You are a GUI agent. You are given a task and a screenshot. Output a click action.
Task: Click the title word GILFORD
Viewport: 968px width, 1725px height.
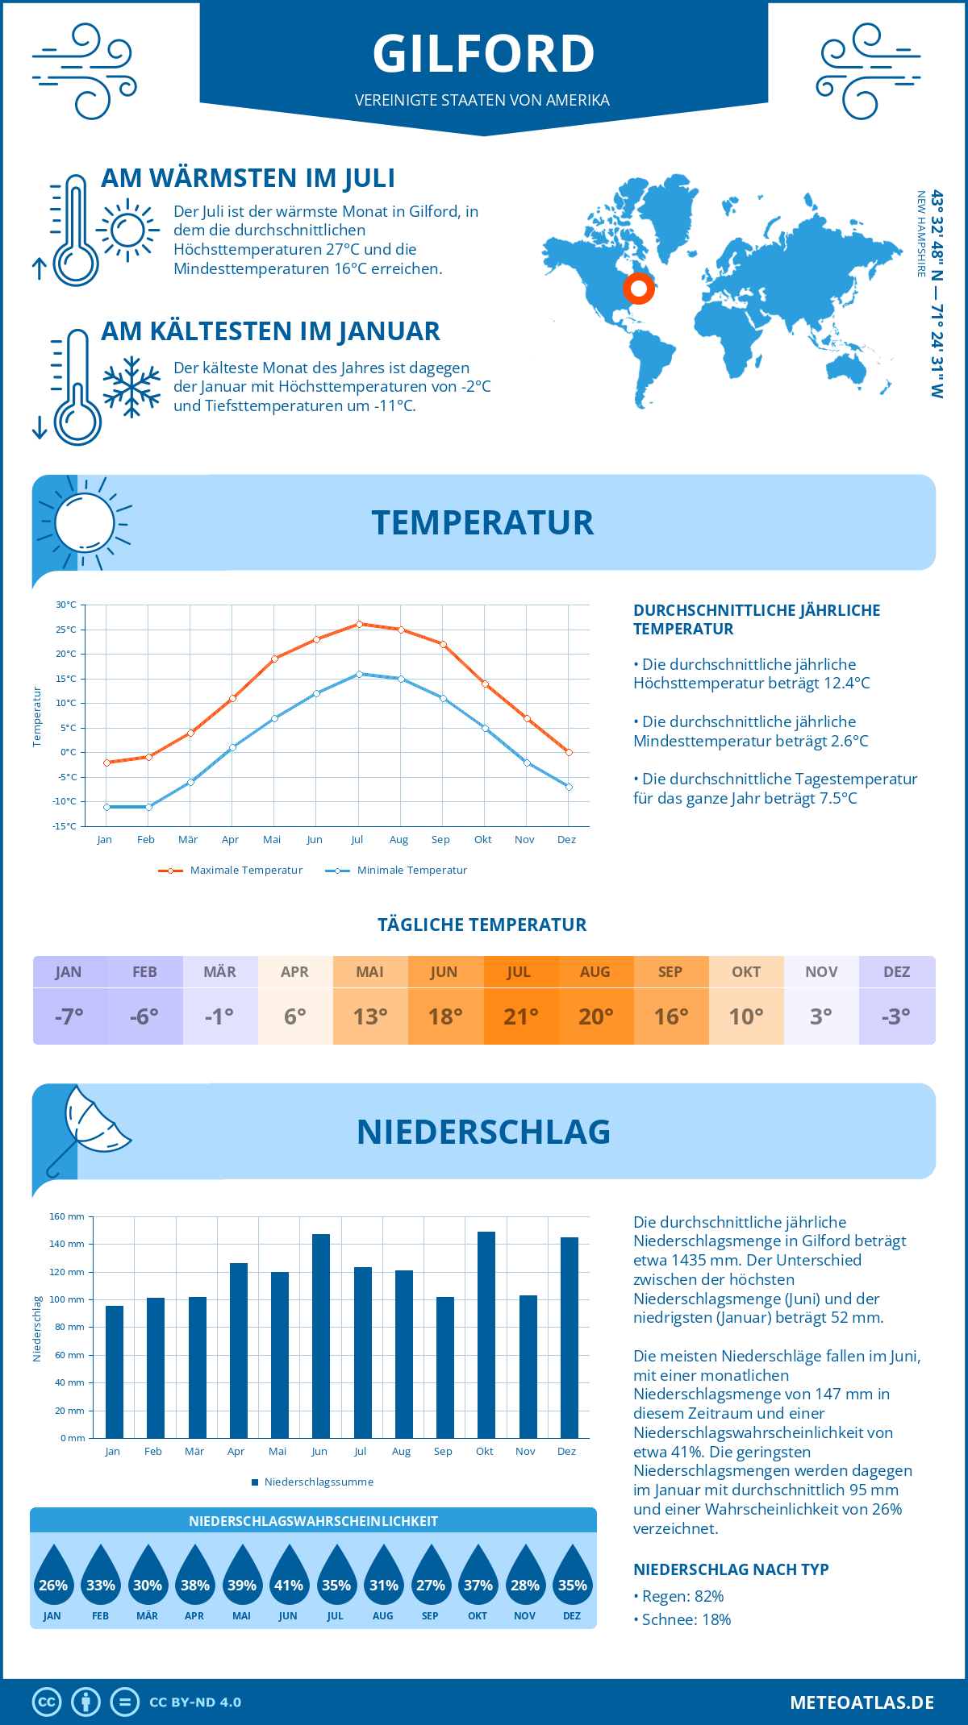483,54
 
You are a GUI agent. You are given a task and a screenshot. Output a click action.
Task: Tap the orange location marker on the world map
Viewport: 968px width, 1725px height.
638,288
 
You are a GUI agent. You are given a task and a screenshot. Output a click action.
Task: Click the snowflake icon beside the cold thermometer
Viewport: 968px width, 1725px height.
131,387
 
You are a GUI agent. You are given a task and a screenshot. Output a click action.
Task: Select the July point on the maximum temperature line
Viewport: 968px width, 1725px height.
359,624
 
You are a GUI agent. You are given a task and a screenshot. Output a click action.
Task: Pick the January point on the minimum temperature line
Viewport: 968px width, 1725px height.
106,807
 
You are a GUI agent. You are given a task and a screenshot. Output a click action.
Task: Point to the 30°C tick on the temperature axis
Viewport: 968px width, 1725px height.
66,605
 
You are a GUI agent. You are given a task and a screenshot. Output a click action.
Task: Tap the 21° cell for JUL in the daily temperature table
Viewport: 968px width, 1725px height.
520,1016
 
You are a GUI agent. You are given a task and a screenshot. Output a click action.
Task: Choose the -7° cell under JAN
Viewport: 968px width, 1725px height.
69,1016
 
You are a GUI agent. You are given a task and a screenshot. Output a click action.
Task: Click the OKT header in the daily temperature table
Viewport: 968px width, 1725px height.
745,972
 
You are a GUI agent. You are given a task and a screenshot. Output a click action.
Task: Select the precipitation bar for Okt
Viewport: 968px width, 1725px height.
486,1334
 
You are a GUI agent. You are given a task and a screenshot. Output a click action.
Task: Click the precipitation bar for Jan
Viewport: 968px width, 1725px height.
115,1371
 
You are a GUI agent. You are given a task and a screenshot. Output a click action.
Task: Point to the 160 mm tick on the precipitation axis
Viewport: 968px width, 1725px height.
68,1216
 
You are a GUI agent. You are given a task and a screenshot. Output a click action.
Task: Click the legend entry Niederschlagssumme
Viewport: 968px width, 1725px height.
318,1482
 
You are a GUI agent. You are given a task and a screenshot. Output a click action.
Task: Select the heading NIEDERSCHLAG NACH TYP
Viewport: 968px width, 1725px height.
731,1569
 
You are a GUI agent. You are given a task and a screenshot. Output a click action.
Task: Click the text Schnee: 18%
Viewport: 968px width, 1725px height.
686,1619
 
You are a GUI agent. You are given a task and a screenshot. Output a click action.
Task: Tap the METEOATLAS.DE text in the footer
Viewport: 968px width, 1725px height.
862,1702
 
